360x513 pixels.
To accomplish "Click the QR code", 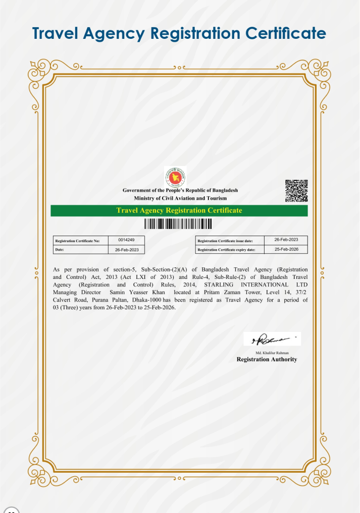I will coord(296,191).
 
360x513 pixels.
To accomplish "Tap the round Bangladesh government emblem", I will coord(175,177).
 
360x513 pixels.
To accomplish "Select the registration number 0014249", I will coord(126,240).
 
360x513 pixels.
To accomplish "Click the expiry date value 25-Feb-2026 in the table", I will coord(286,249).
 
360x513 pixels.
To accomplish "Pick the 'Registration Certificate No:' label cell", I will coord(80,241).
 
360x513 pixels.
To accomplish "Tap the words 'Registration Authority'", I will coord(267,360).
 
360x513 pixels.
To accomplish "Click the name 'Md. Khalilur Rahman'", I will coord(267,353).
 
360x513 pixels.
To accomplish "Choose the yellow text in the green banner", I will coord(179,210).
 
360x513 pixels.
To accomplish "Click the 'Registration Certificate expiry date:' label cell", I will coord(226,250).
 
